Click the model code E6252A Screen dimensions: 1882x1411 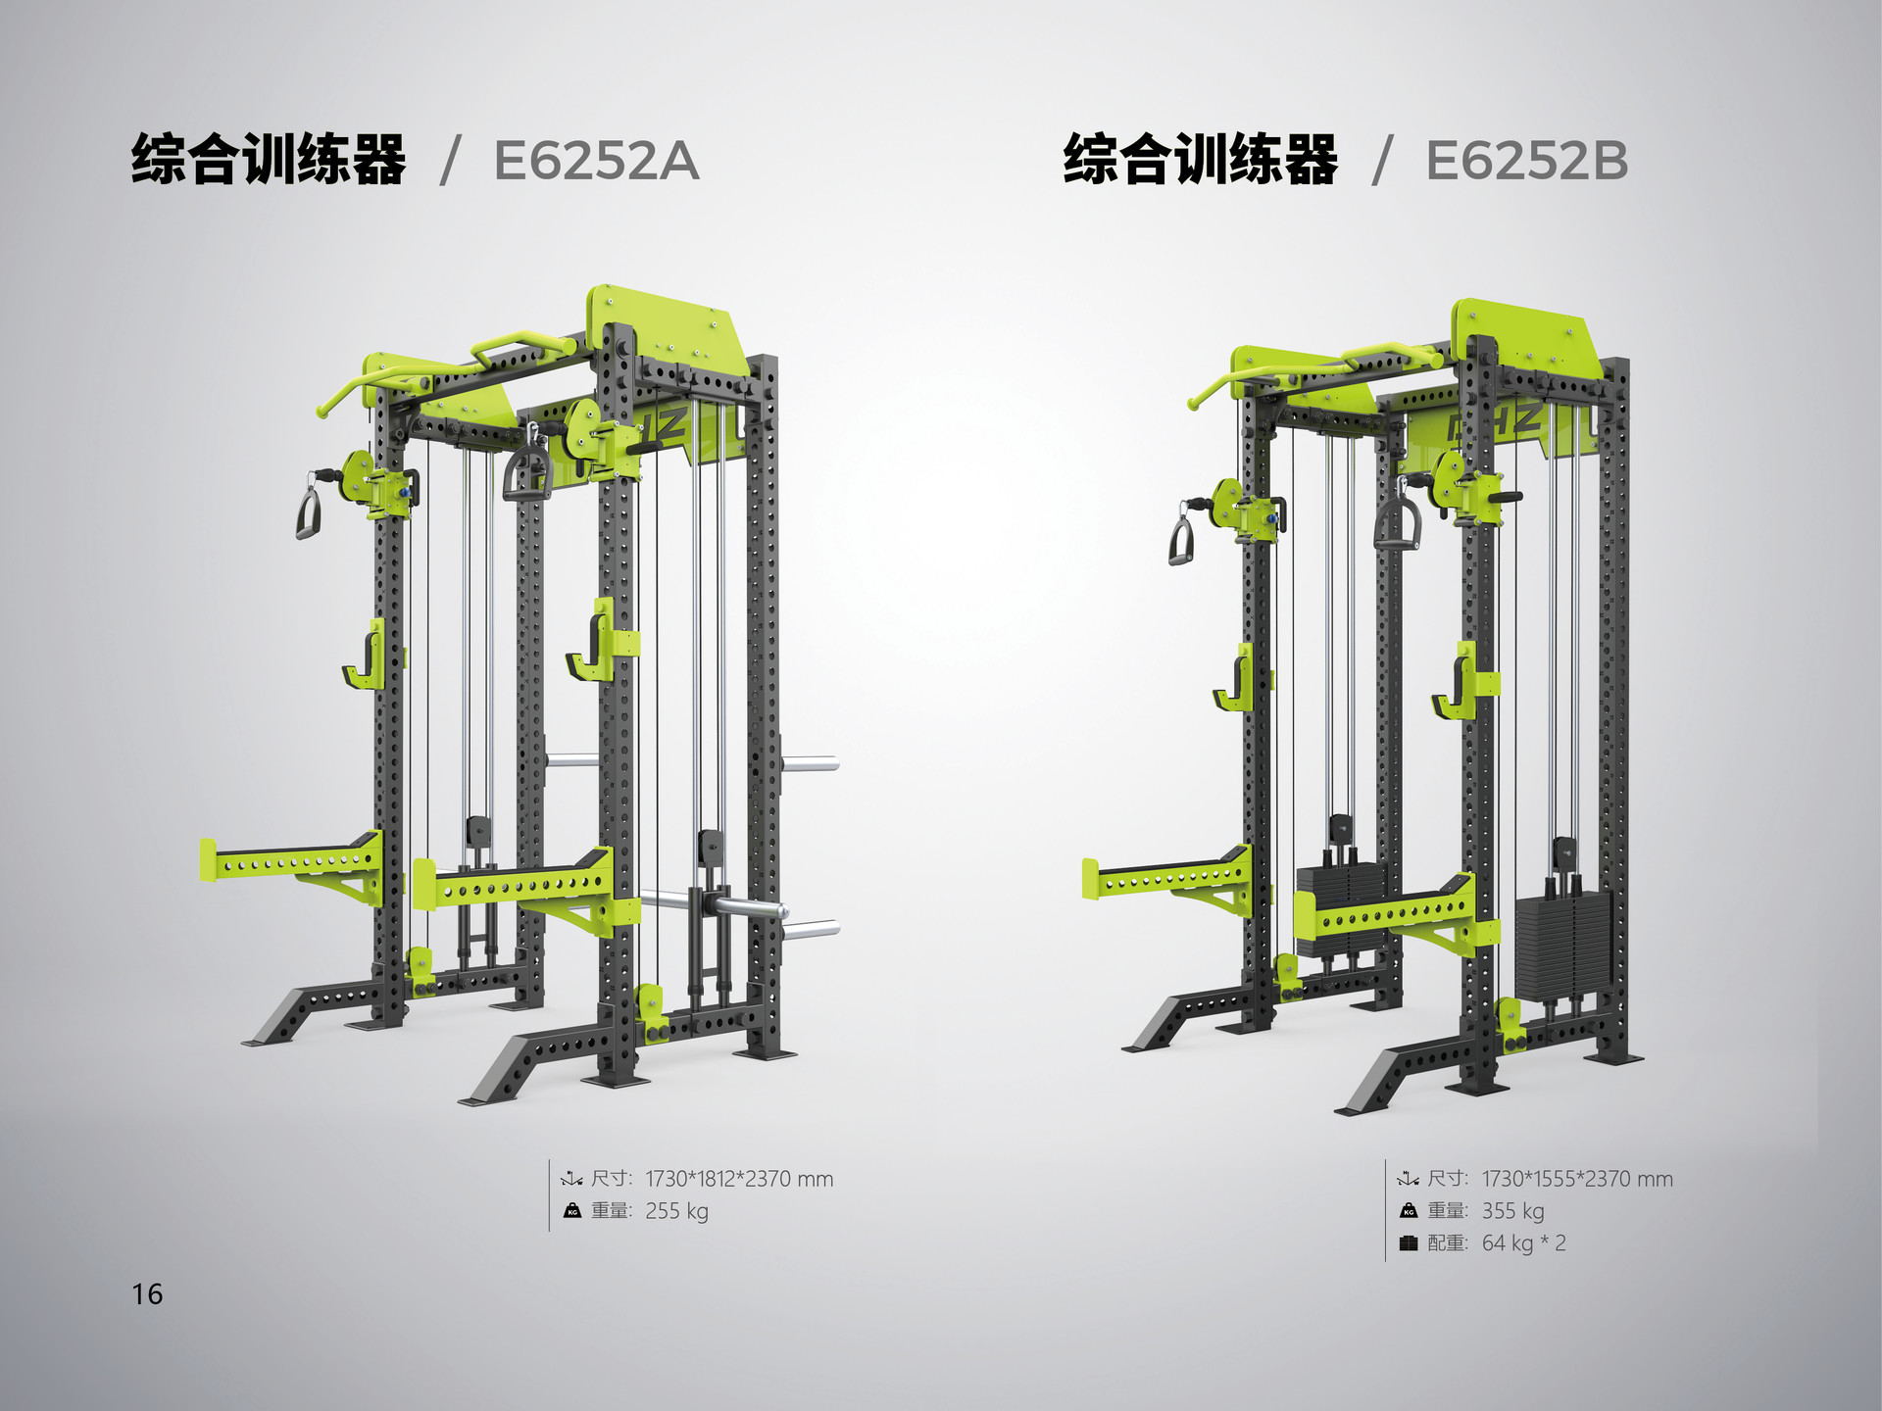click(x=596, y=161)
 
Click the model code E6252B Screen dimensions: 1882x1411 click(x=1526, y=161)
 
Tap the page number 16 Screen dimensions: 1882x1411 click(x=148, y=1294)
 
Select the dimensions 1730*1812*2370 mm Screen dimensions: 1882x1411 click(x=739, y=1179)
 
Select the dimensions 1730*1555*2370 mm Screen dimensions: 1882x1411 click(x=1577, y=1179)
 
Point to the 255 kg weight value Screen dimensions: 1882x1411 click(x=676, y=1211)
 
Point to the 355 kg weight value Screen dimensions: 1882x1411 click(x=1512, y=1211)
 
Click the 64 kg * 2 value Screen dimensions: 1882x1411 click(x=1523, y=1243)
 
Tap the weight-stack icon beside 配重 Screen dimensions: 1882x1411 click(x=1409, y=1243)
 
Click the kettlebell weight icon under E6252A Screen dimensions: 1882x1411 click(x=572, y=1211)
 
